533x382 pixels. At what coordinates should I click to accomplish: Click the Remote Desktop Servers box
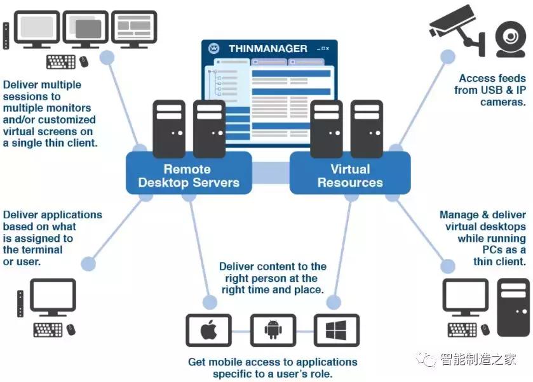pyautogui.click(x=188, y=176)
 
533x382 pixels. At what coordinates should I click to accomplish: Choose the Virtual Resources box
pyautogui.click(x=350, y=176)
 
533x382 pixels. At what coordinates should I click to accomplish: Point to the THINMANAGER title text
pyautogui.click(x=267, y=49)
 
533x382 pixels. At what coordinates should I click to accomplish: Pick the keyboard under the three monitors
pyautogui.click(x=61, y=62)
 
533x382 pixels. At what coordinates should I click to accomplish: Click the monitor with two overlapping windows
pyautogui.click(x=84, y=28)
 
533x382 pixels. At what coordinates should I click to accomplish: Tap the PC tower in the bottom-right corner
pyautogui.click(x=512, y=307)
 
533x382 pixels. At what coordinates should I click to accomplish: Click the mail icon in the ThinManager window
pyautogui.click(x=214, y=49)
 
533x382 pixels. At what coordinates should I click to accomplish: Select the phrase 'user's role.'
pyautogui.click(x=302, y=374)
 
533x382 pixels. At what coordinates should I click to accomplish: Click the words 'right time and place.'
pyautogui.click(x=273, y=290)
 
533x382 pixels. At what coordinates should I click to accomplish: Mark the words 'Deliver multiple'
pyautogui.click(x=42, y=84)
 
